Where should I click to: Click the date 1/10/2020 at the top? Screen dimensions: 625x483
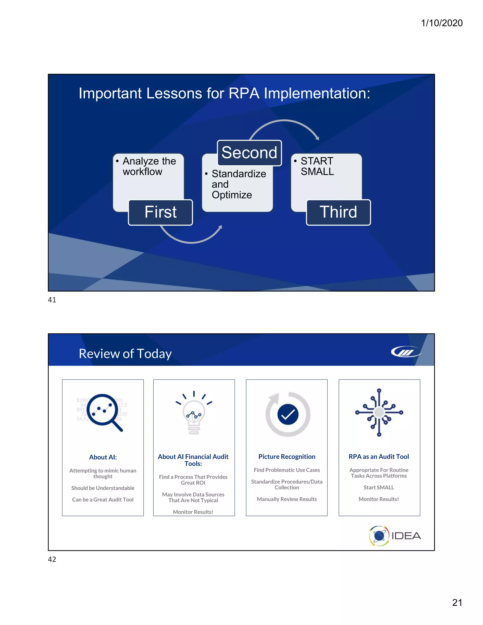pyautogui.click(x=441, y=23)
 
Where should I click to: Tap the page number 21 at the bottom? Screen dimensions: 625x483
pyautogui.click(x=457, y=602)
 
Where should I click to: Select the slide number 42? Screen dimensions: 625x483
pyautogui.click(x=52, y=559)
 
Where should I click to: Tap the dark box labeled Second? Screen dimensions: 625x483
pyautogui.click(x=249, y=153)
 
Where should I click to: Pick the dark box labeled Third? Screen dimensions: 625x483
pyautogui.click(x=338, y=212)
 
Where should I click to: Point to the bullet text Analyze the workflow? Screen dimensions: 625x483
pyautogui.click(x=149, y=166)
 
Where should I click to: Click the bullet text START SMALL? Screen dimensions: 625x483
pyautogui.click(x=317, y=166)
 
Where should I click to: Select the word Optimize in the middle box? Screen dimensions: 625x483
pyautogui.click(x=232, y=195)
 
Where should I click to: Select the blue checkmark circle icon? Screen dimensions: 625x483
pyautogui.click(x=288, y=414)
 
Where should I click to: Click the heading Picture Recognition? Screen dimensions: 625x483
pyautogui.click(x=287, y=456)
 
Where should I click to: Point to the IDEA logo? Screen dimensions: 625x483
pyautogui.click(x=395, y=536)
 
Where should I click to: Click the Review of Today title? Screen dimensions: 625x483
pyautogui.click(x=125, y=354)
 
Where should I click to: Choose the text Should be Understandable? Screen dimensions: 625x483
pyautogui.click(x=103, y=488)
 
